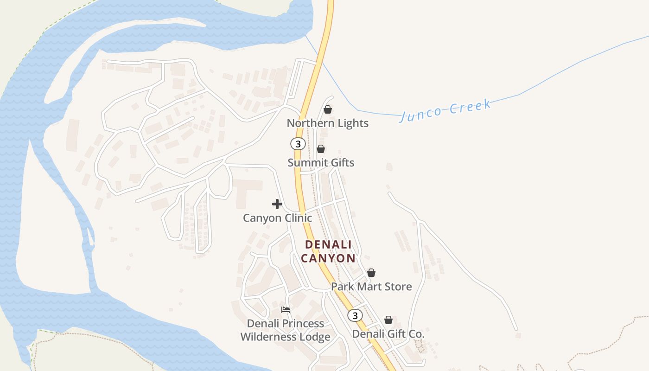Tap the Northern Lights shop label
pyautogui.click(x=327, y=123)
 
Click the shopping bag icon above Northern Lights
pyautogui.click(x=328, y=109)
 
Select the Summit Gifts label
pyautogui.click(x=321, y=163)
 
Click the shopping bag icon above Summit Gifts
pyautogui.click(x=320, y=149)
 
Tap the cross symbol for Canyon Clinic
pyautogui.click(x=277, y=204)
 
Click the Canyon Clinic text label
pyautogui.click(x=277, y=218)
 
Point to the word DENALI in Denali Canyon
pyautogui.click(x=328, y=244)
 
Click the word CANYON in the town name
pyautogui.click(x=328, y=258)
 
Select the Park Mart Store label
pyautogui.click(x=371, y=287)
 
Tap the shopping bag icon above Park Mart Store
pyautogui.click(x=371, y=273)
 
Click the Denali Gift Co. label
pyautogui.click(x=388, y=334)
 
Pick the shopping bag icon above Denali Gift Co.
pyautogui.click(x=388, y=320)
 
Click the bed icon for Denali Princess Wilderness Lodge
pyautogui.click(x=286, y=309)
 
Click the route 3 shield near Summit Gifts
pyautogui.click(x=298, y=144)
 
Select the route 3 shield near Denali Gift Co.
pyautogui.click(x=355, y=315)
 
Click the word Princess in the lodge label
pyautogui.click(x=302, y=323)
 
